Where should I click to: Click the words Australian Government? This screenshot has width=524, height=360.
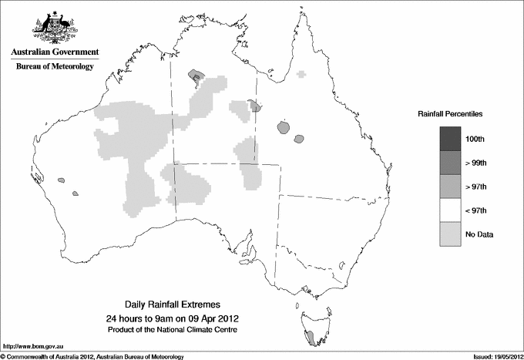tap(55, 52)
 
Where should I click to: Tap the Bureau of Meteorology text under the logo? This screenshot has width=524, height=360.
tap(55, 67)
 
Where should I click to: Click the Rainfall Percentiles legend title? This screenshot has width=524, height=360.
tap(451, 113)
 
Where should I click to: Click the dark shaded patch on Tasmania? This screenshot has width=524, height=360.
tap(309, 338)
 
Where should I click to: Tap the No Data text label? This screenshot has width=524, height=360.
tap(479, 234)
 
